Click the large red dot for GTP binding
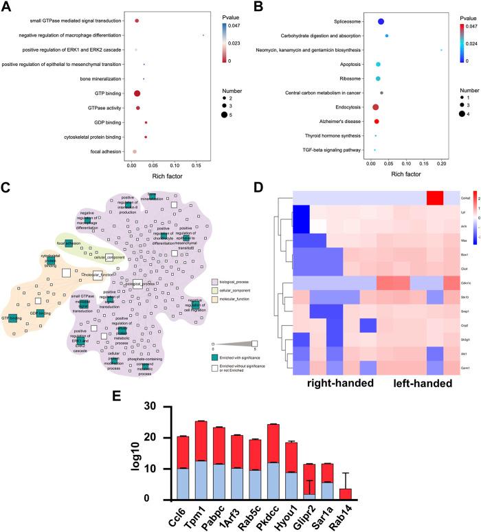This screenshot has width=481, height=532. tap(137, 93)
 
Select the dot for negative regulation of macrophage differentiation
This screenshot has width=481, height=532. tap(203, 35)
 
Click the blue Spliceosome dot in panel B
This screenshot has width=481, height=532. tap(381, 22)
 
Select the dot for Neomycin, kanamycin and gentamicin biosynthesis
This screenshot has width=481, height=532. tap(441, 50)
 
